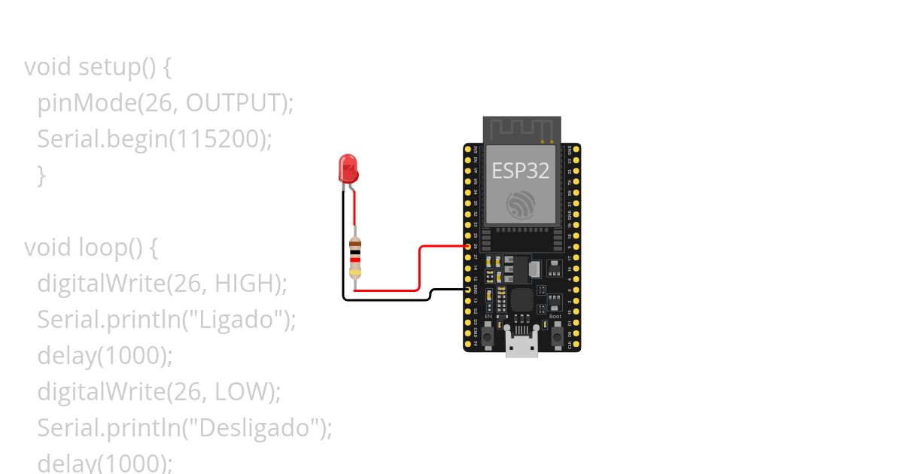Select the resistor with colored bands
pyautogui.click(x=356, y=258)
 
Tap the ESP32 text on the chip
pyautogui.click(x=521, y=170)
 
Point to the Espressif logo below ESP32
pyautogui.click(x=521, y=204)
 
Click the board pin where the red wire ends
pyautogui.click(x=468, y=247)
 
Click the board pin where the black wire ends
pyautogui.click(x=468, y=290)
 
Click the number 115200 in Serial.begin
pyautogui.click(x=225, y=138)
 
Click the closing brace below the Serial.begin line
pyautogui.click(x=41, y=175)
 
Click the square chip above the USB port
pyautogui.click(x=521, y=300)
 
